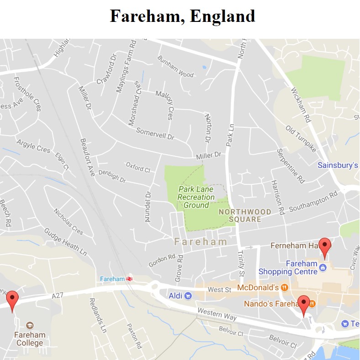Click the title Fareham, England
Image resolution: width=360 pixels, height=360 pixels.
182,16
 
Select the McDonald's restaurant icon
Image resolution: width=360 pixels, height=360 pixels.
285,287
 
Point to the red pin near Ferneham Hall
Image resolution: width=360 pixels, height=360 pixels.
325,247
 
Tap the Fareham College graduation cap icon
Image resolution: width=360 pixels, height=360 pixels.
30,325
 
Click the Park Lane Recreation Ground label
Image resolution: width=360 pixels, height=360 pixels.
196,197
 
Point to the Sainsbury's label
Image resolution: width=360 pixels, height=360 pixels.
338,165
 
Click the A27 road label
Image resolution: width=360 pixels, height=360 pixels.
57,296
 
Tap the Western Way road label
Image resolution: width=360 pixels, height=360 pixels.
217,314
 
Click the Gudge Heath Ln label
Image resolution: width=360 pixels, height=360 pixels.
65,241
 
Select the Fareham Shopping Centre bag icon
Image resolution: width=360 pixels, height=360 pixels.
323,267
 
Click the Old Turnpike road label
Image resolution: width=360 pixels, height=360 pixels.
301,139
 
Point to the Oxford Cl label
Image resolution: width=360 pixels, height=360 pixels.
138,167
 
